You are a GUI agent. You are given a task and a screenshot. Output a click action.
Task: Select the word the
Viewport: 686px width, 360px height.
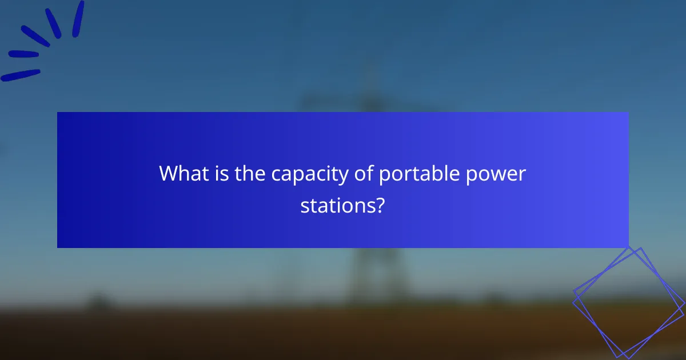click(x=250, y=173)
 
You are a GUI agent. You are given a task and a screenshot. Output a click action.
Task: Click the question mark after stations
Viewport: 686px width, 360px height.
click(x=379, y=205)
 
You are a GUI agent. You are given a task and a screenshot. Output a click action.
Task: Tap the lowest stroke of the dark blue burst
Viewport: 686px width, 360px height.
click(x=21, y=75)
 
